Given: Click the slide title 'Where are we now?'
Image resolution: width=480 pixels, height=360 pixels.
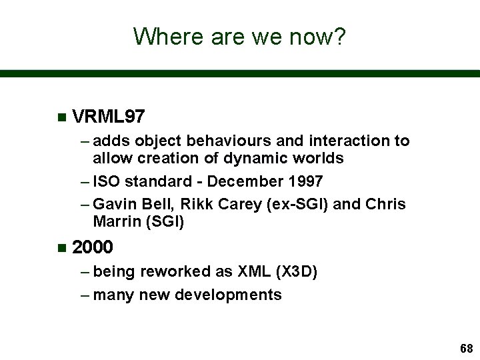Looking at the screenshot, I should click(x=239, y=36).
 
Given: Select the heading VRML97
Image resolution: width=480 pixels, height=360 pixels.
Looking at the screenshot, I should click(x=108, y=117).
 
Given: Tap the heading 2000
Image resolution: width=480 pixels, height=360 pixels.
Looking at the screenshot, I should click(x=92, y=247).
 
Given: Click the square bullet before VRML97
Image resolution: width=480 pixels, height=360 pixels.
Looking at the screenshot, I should click(x=61, y=118).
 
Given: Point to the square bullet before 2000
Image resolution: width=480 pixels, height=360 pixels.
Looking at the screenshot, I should click(x=61, y=248).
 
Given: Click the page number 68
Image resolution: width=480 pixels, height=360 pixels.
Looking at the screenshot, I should click(x=465, y=349).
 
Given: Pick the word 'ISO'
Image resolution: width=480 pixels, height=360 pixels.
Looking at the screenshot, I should click(x=107, y=181).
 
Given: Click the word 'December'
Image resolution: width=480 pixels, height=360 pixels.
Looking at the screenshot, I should click(x=245, y=181).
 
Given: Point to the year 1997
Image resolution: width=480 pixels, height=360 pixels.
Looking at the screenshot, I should click(x=305, y=181).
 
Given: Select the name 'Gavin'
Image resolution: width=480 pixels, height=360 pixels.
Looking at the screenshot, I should click(x=115, y=203).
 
